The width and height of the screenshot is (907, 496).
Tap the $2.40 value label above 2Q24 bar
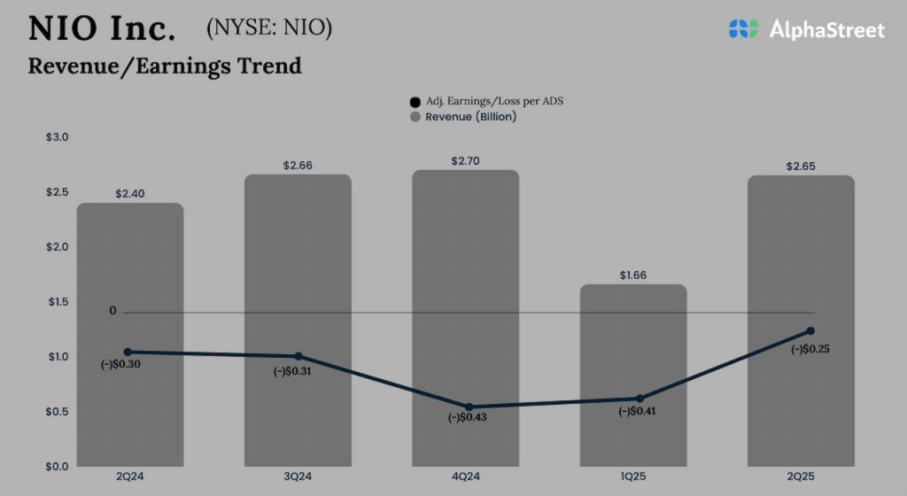(x=130, y=193)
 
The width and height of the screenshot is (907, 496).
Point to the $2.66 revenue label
(x=298, y=165)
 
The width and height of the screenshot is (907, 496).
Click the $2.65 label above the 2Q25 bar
(x=801, y=166)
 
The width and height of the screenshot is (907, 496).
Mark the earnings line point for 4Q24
(x=469, y=407)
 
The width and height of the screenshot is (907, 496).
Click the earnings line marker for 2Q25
(x=810, y=331)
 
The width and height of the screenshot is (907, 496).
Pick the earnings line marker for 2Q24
(x=128, y=352)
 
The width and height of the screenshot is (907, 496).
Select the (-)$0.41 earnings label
(x=635, y=411)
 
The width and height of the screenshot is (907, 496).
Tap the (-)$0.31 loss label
(x=292, y=370)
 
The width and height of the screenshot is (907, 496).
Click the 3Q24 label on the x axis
(x=298, y=477)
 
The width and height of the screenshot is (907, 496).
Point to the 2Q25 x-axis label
(x=801, y=477)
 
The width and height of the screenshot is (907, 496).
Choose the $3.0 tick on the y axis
(x=57, y=137)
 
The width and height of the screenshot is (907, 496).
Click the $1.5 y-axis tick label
(x=57, y=302)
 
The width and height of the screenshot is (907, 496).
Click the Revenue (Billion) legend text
(x=470, y=117)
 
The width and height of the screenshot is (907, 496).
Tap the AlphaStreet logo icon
(x=743, y=29)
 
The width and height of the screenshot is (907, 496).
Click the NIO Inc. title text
(x=102, y=29)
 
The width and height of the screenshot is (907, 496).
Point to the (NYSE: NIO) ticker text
(x=268, y=28)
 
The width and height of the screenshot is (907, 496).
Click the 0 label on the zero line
(x=112, y=311)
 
